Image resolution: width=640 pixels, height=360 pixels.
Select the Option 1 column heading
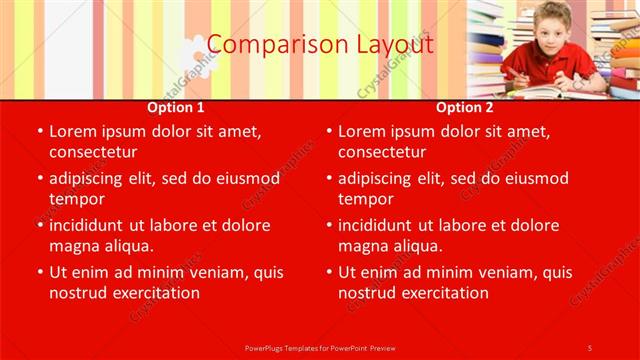[x=176, y=107]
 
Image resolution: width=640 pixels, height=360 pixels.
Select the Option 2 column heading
[x=465, y=107]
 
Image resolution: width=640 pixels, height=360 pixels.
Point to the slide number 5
[x=590, y=347]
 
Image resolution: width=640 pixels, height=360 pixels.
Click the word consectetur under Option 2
[x=382, y=152]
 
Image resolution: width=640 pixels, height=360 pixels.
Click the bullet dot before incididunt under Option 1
[x=39, y=225]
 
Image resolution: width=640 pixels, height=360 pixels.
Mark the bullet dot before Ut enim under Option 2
[x=328, y=272]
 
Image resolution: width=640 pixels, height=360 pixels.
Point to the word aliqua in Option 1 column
[x=125, y=246]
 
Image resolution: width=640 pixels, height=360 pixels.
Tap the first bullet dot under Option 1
[x=39, y=131]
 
